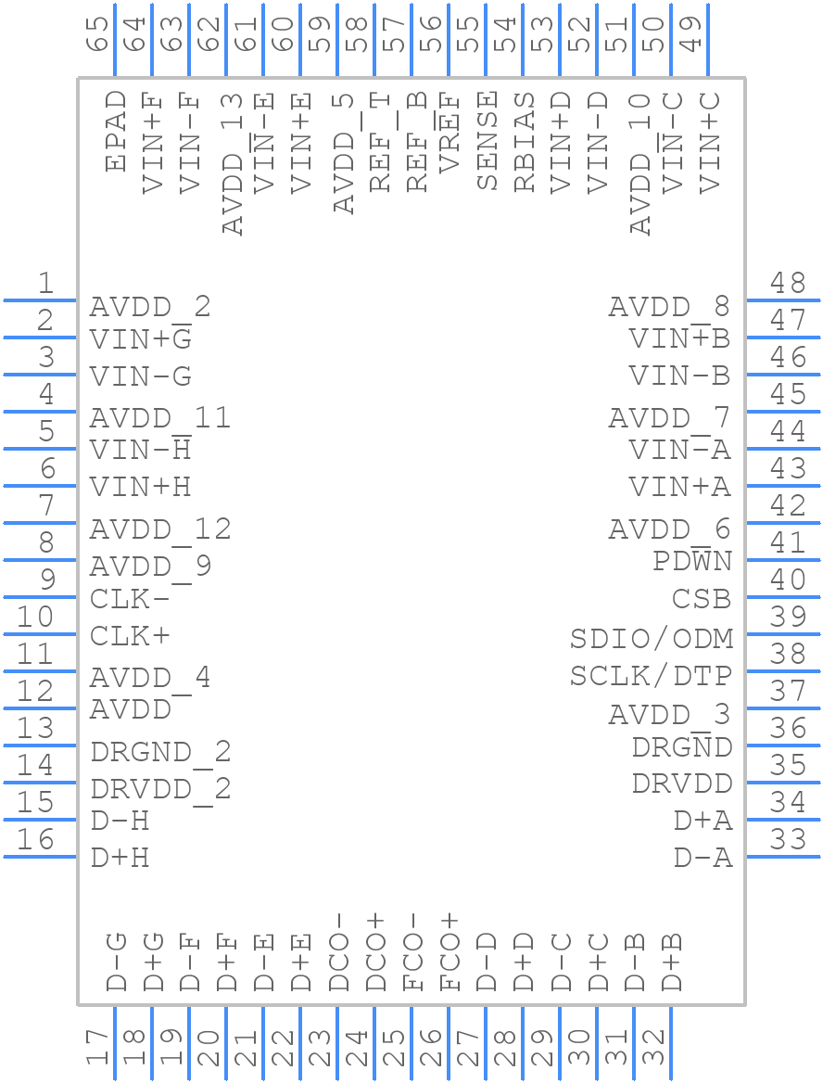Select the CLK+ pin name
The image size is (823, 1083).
click(x=130, y=637)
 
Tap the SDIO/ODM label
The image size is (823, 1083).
click(x=651, y=639)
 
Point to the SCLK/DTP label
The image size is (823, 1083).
click(x=651, y=676)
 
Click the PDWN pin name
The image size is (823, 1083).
click(x=691, y=562)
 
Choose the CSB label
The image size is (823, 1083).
click(x=701, y=600)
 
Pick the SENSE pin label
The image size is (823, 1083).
click(x=487, y=141)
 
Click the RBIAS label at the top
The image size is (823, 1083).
click(x=525, y=142)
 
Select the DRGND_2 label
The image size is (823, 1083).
click(x=160, y=752)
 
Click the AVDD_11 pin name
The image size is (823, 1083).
click(x=159, y=418)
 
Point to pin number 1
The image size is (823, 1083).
click(x=44, y=283)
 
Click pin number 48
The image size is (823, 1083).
click(x=788, y=283)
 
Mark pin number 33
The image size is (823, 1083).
click(x=788, y=839)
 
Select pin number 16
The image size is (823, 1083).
click(x=36, y=839)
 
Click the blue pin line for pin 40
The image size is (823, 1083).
click(x=782, y=597)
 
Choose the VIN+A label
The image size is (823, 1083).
click(x=679, y=487)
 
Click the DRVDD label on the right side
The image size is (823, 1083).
click(x=681, y=784)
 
